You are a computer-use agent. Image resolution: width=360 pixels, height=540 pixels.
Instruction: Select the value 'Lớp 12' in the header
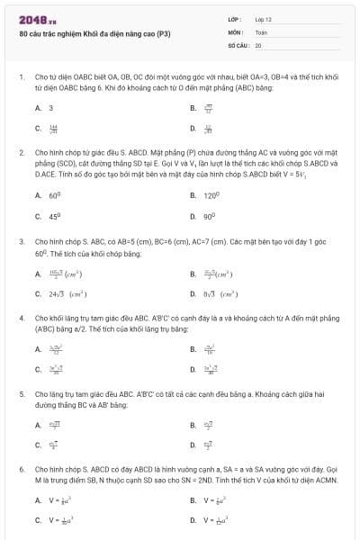[x=263, y=18]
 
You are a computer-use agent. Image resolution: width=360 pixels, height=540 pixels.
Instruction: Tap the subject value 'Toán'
[x=261, y=31]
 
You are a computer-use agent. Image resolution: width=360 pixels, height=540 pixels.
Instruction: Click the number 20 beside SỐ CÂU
[x=258, y=44]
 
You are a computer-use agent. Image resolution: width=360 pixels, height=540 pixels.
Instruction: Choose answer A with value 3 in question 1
[x=50, y=107]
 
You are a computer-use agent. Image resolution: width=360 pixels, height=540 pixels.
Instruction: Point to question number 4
[x=21, y=319]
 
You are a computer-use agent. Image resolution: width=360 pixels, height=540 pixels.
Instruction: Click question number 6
[x=21, y=470]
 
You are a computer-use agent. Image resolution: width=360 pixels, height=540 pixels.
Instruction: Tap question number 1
[x=21, y=78]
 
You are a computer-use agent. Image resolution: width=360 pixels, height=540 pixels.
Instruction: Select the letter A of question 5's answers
[x=38, y=424]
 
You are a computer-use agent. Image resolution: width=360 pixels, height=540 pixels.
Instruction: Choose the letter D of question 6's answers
[x=193, y=520]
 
